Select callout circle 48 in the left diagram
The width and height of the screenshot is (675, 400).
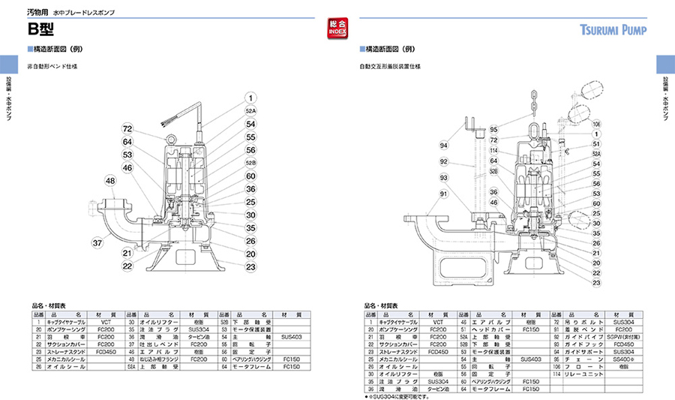click(111, 181)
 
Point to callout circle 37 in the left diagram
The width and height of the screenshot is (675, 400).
click(97, 242)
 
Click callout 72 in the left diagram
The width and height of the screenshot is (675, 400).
click(127, 130)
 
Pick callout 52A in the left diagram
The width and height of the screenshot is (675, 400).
click(250, 110)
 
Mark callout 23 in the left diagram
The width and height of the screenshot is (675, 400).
click(250, 266)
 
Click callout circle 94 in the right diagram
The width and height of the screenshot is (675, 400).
click(443, 145)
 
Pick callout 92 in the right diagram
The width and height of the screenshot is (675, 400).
click(443, 161)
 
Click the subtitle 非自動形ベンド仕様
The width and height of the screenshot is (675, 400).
click(52, 67)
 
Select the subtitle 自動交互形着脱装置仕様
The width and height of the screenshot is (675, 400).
click(389, 67)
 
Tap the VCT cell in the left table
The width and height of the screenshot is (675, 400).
click(106, 320)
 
